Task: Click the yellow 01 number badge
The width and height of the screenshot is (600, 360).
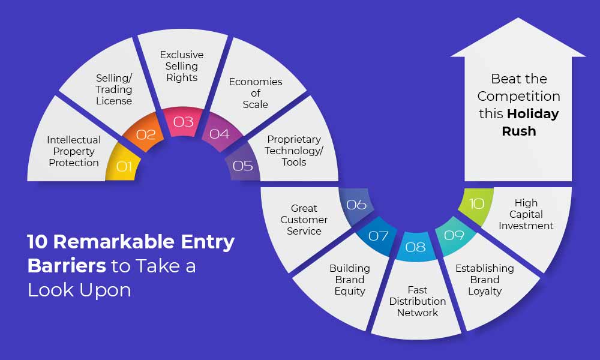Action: pyautogui.click(x=122, y=164)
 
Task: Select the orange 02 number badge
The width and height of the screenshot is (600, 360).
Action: pyautogui.click(x=144, y=133)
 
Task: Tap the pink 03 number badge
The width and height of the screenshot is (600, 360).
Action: pyautogui.click(x=183, y=122)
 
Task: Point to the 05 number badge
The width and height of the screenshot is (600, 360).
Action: pyautogui.click(x=242, y=165)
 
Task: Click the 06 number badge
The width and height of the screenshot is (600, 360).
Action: pyautogui.click(x=356, y=205)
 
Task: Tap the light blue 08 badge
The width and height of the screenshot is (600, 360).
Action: pyautogui.click(x=416, y=247)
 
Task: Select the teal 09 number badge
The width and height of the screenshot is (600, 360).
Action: pyautogui.click(x=454, y=235)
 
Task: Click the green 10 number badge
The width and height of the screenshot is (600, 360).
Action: pyautogui.click(x=476, y=204)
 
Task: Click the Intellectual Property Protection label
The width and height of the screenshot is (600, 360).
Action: pyautogui.click(x=74, y=151)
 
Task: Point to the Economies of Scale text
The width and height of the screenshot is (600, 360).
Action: pyautogui.click(x=256, y=93)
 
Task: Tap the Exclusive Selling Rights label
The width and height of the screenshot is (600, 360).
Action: pyautogui.click(x=182, y=66)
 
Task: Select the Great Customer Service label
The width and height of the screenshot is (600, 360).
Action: pyautogui.click(x=304, y=220)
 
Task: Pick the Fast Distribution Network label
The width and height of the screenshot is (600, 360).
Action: pyautogui.click(x=418, y=301)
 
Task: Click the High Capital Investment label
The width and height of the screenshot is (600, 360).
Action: pyautogui.click(x=526, y=214)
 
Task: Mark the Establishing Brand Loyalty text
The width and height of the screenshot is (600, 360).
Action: pyautogui.click(x=485, y=280)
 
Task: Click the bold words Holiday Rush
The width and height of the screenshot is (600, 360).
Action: pyautogui.click(x=526, y=122)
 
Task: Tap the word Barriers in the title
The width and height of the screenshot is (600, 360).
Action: pyautogui.click(x=67, y=266)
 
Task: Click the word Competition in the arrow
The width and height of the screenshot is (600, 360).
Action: pyautogui.click(x=519, y=97)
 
